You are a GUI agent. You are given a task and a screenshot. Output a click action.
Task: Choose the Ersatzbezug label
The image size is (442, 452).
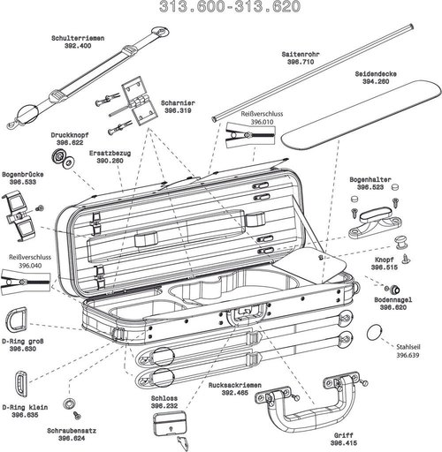tap(110, 153)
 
